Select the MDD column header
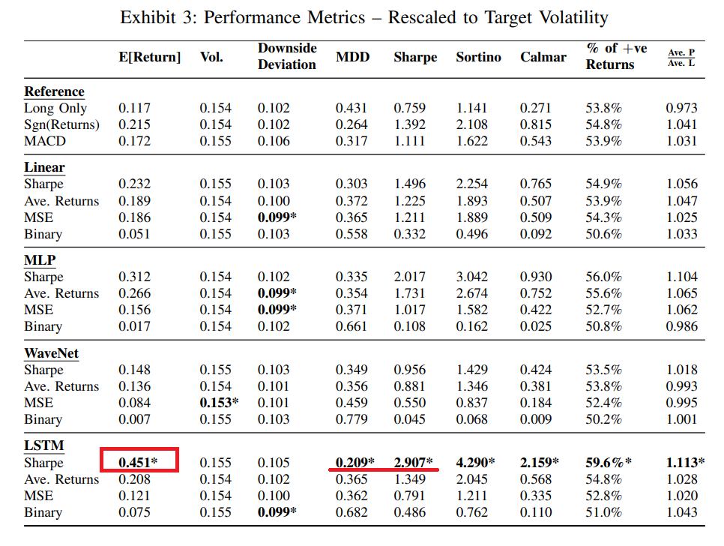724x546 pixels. [x=352, y=57]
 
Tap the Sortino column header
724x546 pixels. [x=478, y=57]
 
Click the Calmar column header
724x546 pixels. [x=543, y=57]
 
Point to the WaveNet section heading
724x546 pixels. [x=51, y=353]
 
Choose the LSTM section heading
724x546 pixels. [x=44, y=445]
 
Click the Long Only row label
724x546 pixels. [x=55, y=108]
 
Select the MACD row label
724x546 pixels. [x=45, y=141]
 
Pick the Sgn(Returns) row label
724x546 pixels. [x=61, y=124]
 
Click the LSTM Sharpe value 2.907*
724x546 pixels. [x=414, y=462]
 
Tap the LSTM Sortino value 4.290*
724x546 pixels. [x=476, y=462]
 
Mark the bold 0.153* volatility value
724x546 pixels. [x=219, y=403]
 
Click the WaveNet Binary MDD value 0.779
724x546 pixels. [x=352, y=419]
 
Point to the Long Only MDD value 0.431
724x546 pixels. [x=352, y=108]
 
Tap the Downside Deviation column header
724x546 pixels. [x=287, y=56]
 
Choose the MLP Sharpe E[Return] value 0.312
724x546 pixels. [x=134, y=277]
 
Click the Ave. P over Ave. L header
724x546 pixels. [x=681, y=57]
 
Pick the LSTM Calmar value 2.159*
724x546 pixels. [x=540, y=462]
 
